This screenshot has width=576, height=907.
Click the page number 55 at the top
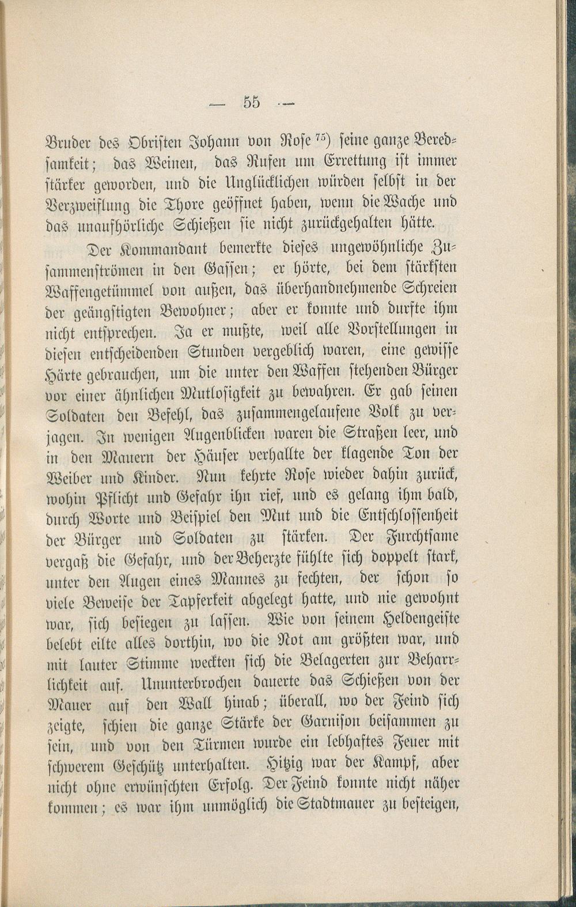[252, 102]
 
